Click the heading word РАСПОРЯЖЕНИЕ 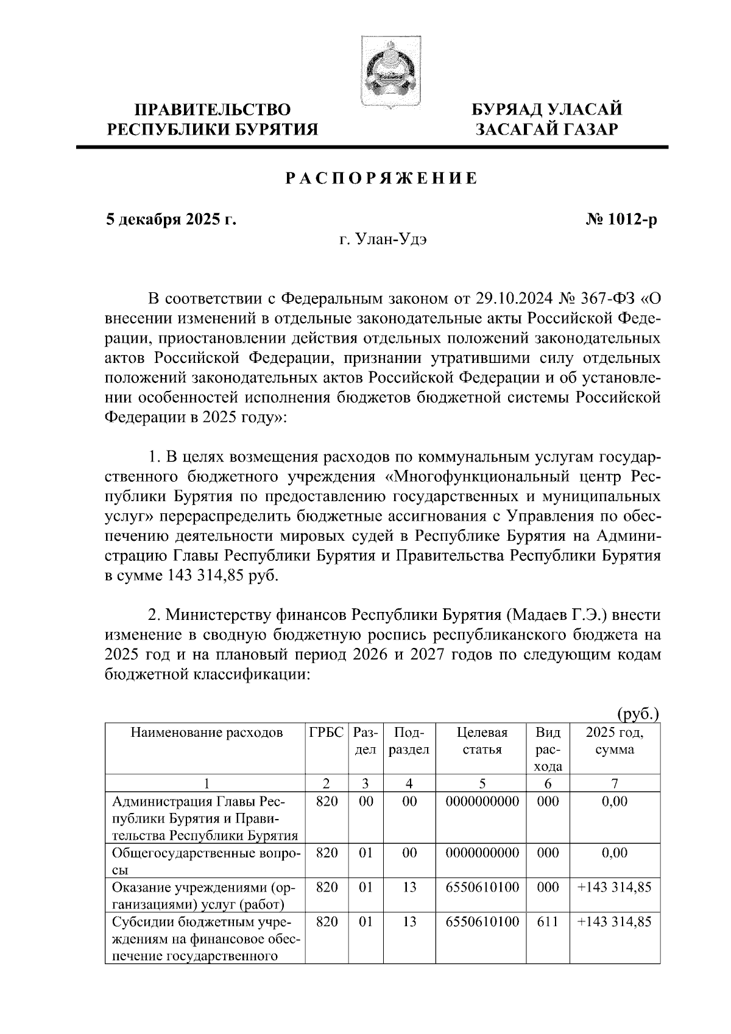[x=382, y=179]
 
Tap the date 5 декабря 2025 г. [x=171, y=219]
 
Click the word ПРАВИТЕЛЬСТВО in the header [x=213, y=110]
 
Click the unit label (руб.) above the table [x=638, y=713]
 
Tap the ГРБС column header [x=327, y=732]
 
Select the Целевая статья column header [x=482, y=740]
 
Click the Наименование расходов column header [x=207, y=732]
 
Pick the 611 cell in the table [x=548, y=922]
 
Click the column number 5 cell [x=482, y=783]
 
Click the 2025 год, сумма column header [x=614, y=740]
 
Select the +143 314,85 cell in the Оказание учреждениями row [x=614, y=887]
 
